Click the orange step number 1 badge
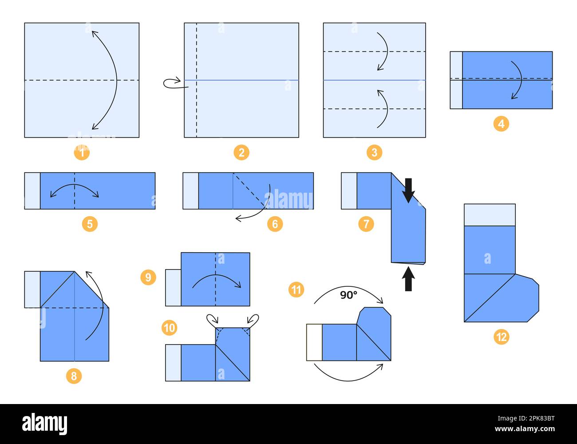(82, 152)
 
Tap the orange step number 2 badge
(241, 152)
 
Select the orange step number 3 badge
(375, 152)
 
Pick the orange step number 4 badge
(501, 124)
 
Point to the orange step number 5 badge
(90, 224)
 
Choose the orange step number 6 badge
(275, 224)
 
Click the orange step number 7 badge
(366, 224)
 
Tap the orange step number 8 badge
(74, 376)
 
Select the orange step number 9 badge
(148, 277)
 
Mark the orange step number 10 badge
(170, 328)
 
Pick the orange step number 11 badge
(296, 289)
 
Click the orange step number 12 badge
(501, 337)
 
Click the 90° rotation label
(349, 295)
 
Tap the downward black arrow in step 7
(408, 190)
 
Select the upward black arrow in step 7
(408, 279)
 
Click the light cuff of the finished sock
(490, 215)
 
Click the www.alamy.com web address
(525, 428)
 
